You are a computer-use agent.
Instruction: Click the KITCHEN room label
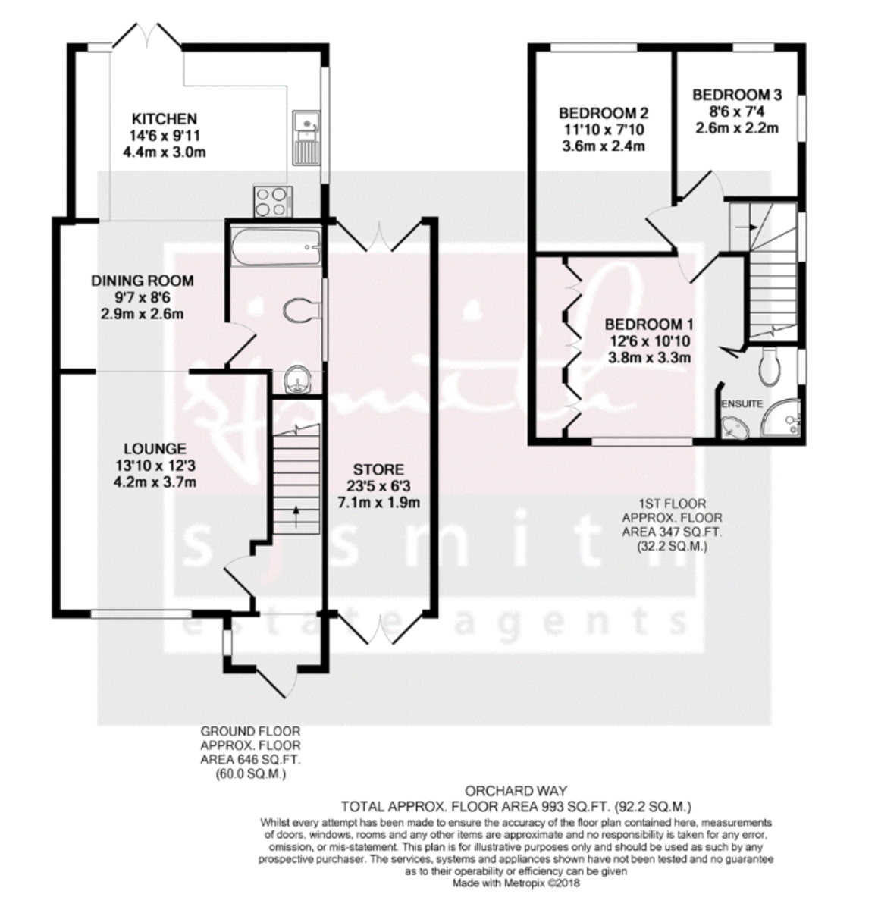pos(165,119)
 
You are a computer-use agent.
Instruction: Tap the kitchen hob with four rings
pos(272,201)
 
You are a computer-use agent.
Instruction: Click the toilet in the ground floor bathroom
pos(299,309)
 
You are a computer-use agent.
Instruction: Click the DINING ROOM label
pos(143,281)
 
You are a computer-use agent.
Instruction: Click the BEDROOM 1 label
pos(650,325)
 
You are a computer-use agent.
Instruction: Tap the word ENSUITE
pos(742,404)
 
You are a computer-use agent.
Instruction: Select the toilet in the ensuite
pos(769,366)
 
